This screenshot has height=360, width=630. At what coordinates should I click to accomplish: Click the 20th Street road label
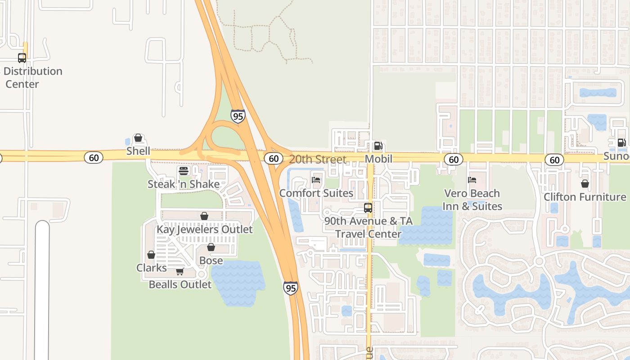point(318,159)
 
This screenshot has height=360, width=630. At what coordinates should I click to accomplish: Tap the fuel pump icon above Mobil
point(378,146)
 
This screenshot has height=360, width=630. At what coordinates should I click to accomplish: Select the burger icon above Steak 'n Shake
point(183,171)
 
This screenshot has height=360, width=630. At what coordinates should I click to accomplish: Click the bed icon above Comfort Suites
point(316,180)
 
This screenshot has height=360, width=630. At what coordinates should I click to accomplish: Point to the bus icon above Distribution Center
point(22,58)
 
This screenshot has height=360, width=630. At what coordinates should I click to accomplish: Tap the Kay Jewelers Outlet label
point(204,229)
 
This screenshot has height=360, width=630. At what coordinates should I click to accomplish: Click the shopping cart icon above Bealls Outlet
point(180,271)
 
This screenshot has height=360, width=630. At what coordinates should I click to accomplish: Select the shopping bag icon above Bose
point(211,247)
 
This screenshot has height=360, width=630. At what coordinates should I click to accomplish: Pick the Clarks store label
point(151,268)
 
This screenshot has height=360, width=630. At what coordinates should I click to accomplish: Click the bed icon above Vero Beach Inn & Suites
point(472,180)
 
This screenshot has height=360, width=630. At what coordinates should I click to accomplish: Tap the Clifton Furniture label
point(585,197)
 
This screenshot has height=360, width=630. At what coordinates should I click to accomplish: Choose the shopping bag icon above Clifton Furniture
point(585,184)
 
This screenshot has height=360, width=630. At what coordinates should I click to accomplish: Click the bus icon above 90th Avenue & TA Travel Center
point(368,208)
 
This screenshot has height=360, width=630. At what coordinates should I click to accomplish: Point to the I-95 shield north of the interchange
point(238,116)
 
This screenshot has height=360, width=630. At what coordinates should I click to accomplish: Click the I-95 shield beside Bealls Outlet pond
point(291,288)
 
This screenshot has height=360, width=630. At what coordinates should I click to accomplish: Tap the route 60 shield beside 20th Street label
point(273,158)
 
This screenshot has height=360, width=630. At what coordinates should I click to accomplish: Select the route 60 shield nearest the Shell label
point(94,157)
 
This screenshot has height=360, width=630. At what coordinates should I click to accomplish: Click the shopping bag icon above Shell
point(138,138)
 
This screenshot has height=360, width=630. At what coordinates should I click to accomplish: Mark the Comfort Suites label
point(316,193)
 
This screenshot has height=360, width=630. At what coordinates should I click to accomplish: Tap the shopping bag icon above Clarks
point(151,255)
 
